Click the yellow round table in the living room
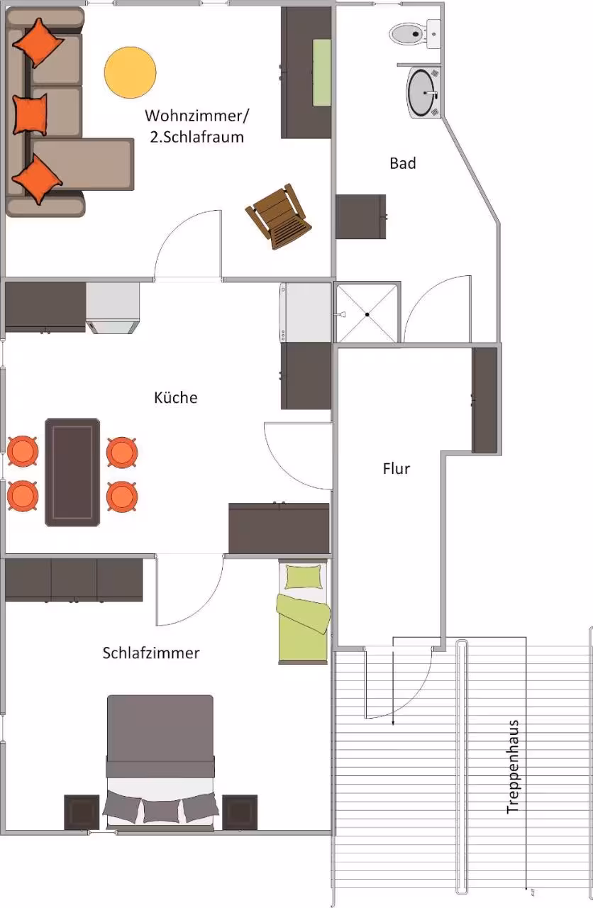point(130,72)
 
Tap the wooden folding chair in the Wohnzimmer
point(279,217)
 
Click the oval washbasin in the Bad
point(423,93)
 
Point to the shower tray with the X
point(367,314)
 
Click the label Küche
point(175,398)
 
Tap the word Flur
point(397,469)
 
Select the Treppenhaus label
point(513,767)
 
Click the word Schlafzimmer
point(151,653)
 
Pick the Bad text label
point(403,163)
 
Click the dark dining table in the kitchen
point(72,472)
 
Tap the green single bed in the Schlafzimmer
point(303,611)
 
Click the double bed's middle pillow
point(161,811)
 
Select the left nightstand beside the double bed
point(82,812)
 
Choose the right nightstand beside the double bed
point(240,812)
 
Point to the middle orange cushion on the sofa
point(30,115)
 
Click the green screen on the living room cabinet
point(322,72)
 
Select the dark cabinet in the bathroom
point(361,217)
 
